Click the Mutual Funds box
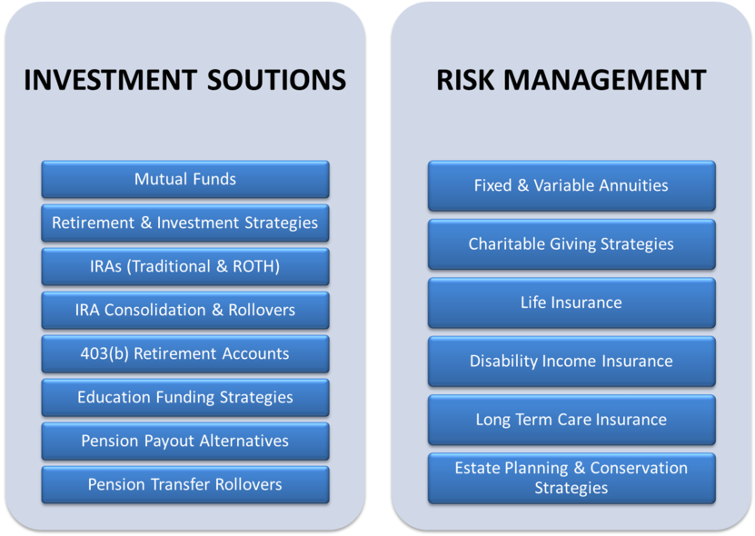click(x=185, y=179)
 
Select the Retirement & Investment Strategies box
click(x=185, y=223)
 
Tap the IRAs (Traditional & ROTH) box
click(x=185, y=266)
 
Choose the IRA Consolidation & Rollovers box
click(x=185, y=310)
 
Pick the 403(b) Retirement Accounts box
click(x=185, y=353)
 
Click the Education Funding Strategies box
click(x=185, y=397)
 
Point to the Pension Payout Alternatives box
click(x=185, y=441)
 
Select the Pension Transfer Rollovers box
click(x=185, y=484)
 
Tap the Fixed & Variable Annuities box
click(x=571, y=185)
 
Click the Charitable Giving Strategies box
click(x=571, y=244)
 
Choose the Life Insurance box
click(x=571, y=303)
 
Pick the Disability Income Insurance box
click(x=571, y=362)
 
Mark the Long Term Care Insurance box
click(x=571, y=420)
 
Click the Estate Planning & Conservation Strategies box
click(x=571, y=478)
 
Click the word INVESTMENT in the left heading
click(x=110, y=80)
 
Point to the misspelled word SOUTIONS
click(x=276, y=80)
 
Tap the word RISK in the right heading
click(x=465, y=80)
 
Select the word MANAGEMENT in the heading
click(x=605, y=80)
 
